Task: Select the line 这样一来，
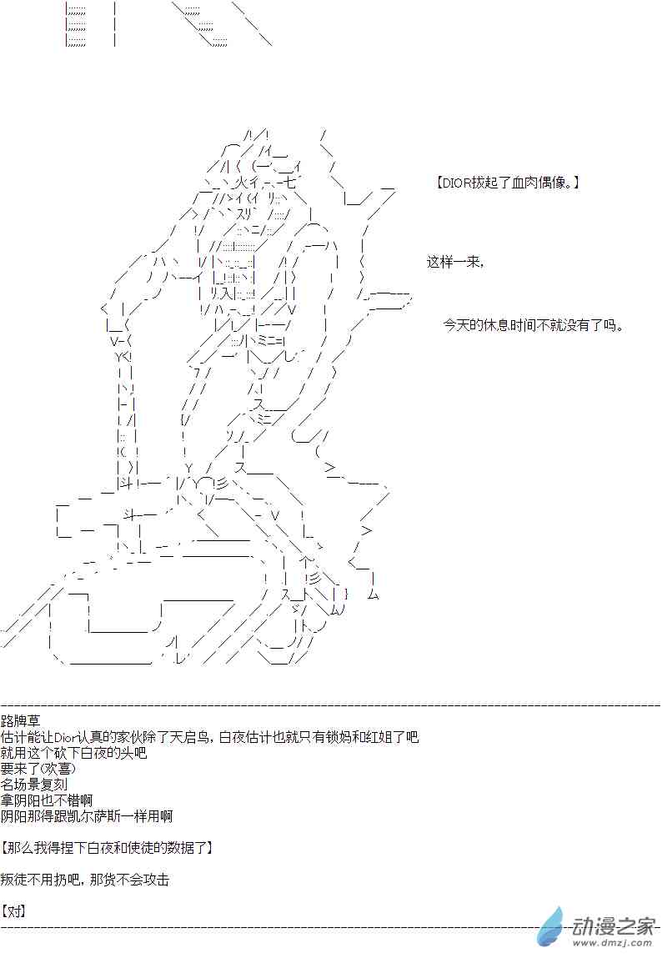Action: [x=455, y=262]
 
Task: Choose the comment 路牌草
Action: [x=19, y=721]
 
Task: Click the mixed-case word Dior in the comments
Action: [x=66, y=737]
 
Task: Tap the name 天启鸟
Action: [x=192, y=737]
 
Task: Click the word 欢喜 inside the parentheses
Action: [x=60, y=769]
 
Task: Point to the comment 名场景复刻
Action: [x=34, y=785]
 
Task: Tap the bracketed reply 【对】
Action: [x=13, y=911]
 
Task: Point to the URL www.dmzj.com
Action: [x=613, y=942]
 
